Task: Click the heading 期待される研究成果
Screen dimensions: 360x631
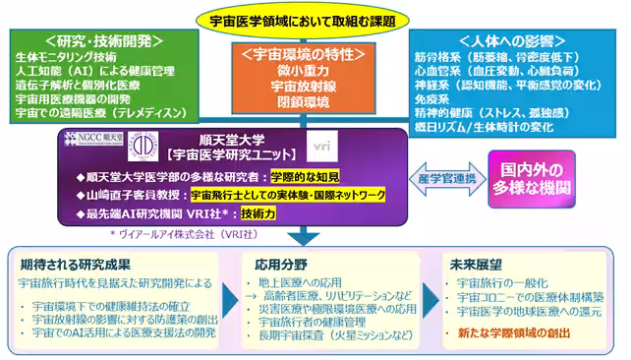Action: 75,265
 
